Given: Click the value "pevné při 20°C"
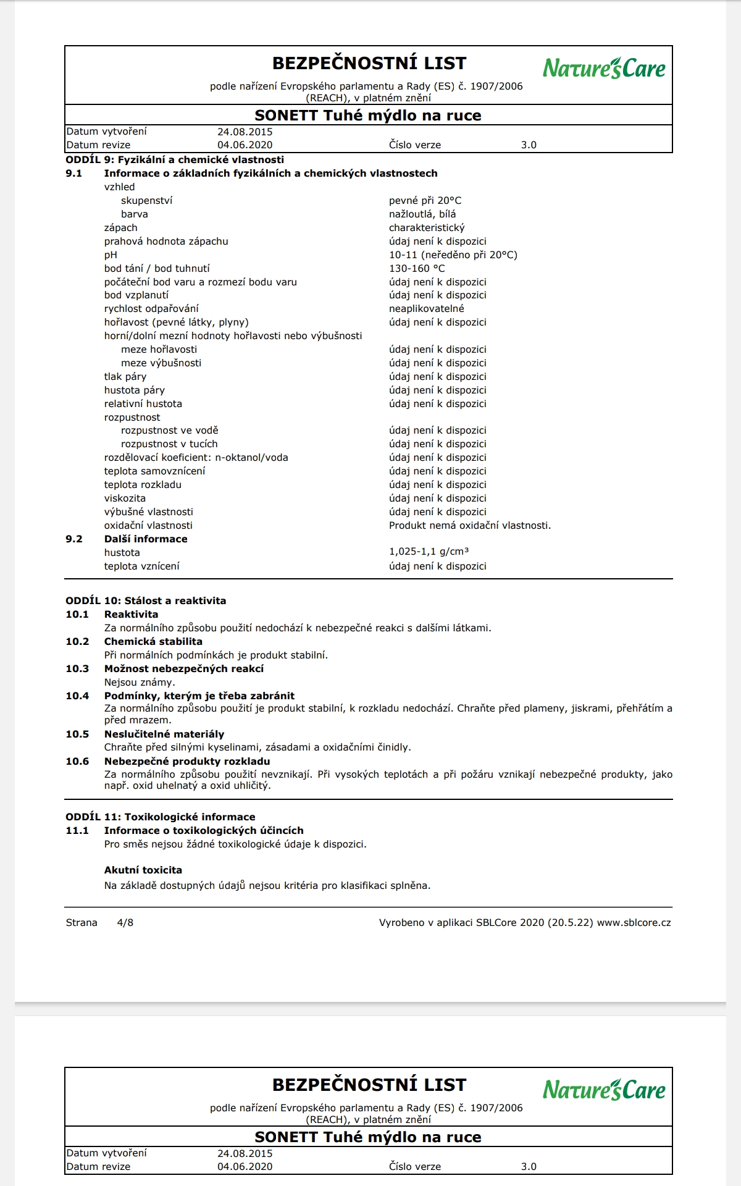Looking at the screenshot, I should click(425, 201).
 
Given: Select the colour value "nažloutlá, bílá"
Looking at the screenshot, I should click(422, 214).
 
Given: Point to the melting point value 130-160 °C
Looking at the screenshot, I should click(417, 269).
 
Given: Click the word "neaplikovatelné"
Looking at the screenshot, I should click(426, 309).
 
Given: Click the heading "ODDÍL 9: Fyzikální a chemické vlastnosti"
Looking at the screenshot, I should click(175, 160).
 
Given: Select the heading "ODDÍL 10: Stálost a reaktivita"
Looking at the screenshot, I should click(146, 601).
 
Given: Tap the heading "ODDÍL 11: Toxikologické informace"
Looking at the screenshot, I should click(161, 817).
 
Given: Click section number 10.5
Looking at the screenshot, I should click(77, 734).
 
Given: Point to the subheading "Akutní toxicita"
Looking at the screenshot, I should click(143, 870).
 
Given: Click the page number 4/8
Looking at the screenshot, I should click(125, 923).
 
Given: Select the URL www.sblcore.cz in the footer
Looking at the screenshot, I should click(634, 923).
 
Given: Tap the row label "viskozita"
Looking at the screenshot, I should click(125, 498).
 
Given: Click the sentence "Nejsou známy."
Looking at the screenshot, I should click(140, 683).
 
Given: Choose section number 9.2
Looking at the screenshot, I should click(74, 539).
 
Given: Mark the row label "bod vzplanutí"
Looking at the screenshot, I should click(136, 295).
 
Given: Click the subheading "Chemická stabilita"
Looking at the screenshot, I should click(153, 642).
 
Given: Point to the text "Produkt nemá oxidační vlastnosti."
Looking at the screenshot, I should click(469, 526).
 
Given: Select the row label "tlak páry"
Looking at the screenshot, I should click(125, 377).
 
